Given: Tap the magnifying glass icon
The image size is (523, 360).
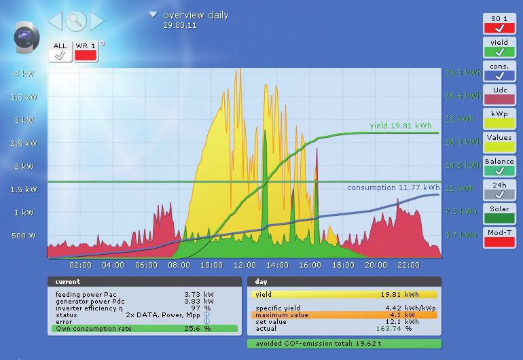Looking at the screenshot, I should (x=76, y=21).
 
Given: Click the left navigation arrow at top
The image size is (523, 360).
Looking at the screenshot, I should (x=55, y=21).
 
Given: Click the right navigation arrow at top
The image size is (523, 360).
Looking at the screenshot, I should (x=97, y=21).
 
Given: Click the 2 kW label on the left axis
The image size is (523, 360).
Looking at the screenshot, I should (x=24, y=166).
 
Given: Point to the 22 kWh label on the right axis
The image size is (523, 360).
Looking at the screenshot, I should (x=461, y=119).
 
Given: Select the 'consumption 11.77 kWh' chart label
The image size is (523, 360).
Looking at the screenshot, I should (x=393, y=187).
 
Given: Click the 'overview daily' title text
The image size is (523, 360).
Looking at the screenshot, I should (x=196, y=15).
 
